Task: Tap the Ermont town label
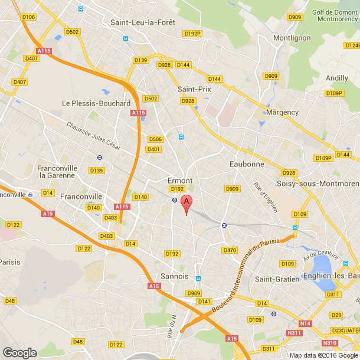[180, 181]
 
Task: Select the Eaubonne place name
[246, 164]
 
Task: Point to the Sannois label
[174, 276]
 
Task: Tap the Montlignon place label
[292, 38]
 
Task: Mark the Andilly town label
[337, 78]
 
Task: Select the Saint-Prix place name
[194, 89]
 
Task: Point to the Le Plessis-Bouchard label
[96, 103]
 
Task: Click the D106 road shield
[28, 17]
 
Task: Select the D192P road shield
[192, 34]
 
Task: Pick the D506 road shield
[155, 139]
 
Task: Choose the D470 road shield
[230, 250]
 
